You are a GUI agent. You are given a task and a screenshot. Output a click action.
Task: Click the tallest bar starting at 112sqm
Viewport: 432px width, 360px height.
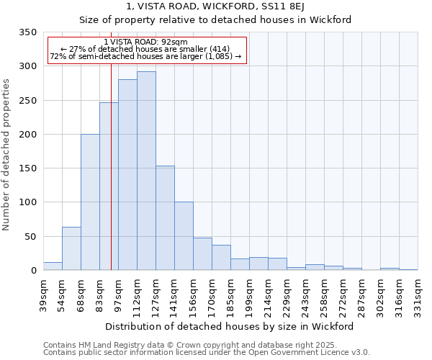(146, 171)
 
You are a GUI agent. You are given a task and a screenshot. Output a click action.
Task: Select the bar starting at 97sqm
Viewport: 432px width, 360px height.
(127, 175)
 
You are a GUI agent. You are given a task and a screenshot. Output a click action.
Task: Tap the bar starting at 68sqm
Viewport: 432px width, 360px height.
(90, 202)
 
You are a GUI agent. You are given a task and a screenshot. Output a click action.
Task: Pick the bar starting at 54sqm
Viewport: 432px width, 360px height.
(71, 248)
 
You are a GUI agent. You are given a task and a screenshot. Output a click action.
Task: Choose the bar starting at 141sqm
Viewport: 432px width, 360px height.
(184, 236)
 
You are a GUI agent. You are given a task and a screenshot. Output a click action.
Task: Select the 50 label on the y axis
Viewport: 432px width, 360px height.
(31, 236)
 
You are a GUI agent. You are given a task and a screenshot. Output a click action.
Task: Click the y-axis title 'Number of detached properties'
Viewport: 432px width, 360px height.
(7, 155)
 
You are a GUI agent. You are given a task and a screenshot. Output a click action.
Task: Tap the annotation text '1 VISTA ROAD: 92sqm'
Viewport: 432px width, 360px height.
(146, 42)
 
